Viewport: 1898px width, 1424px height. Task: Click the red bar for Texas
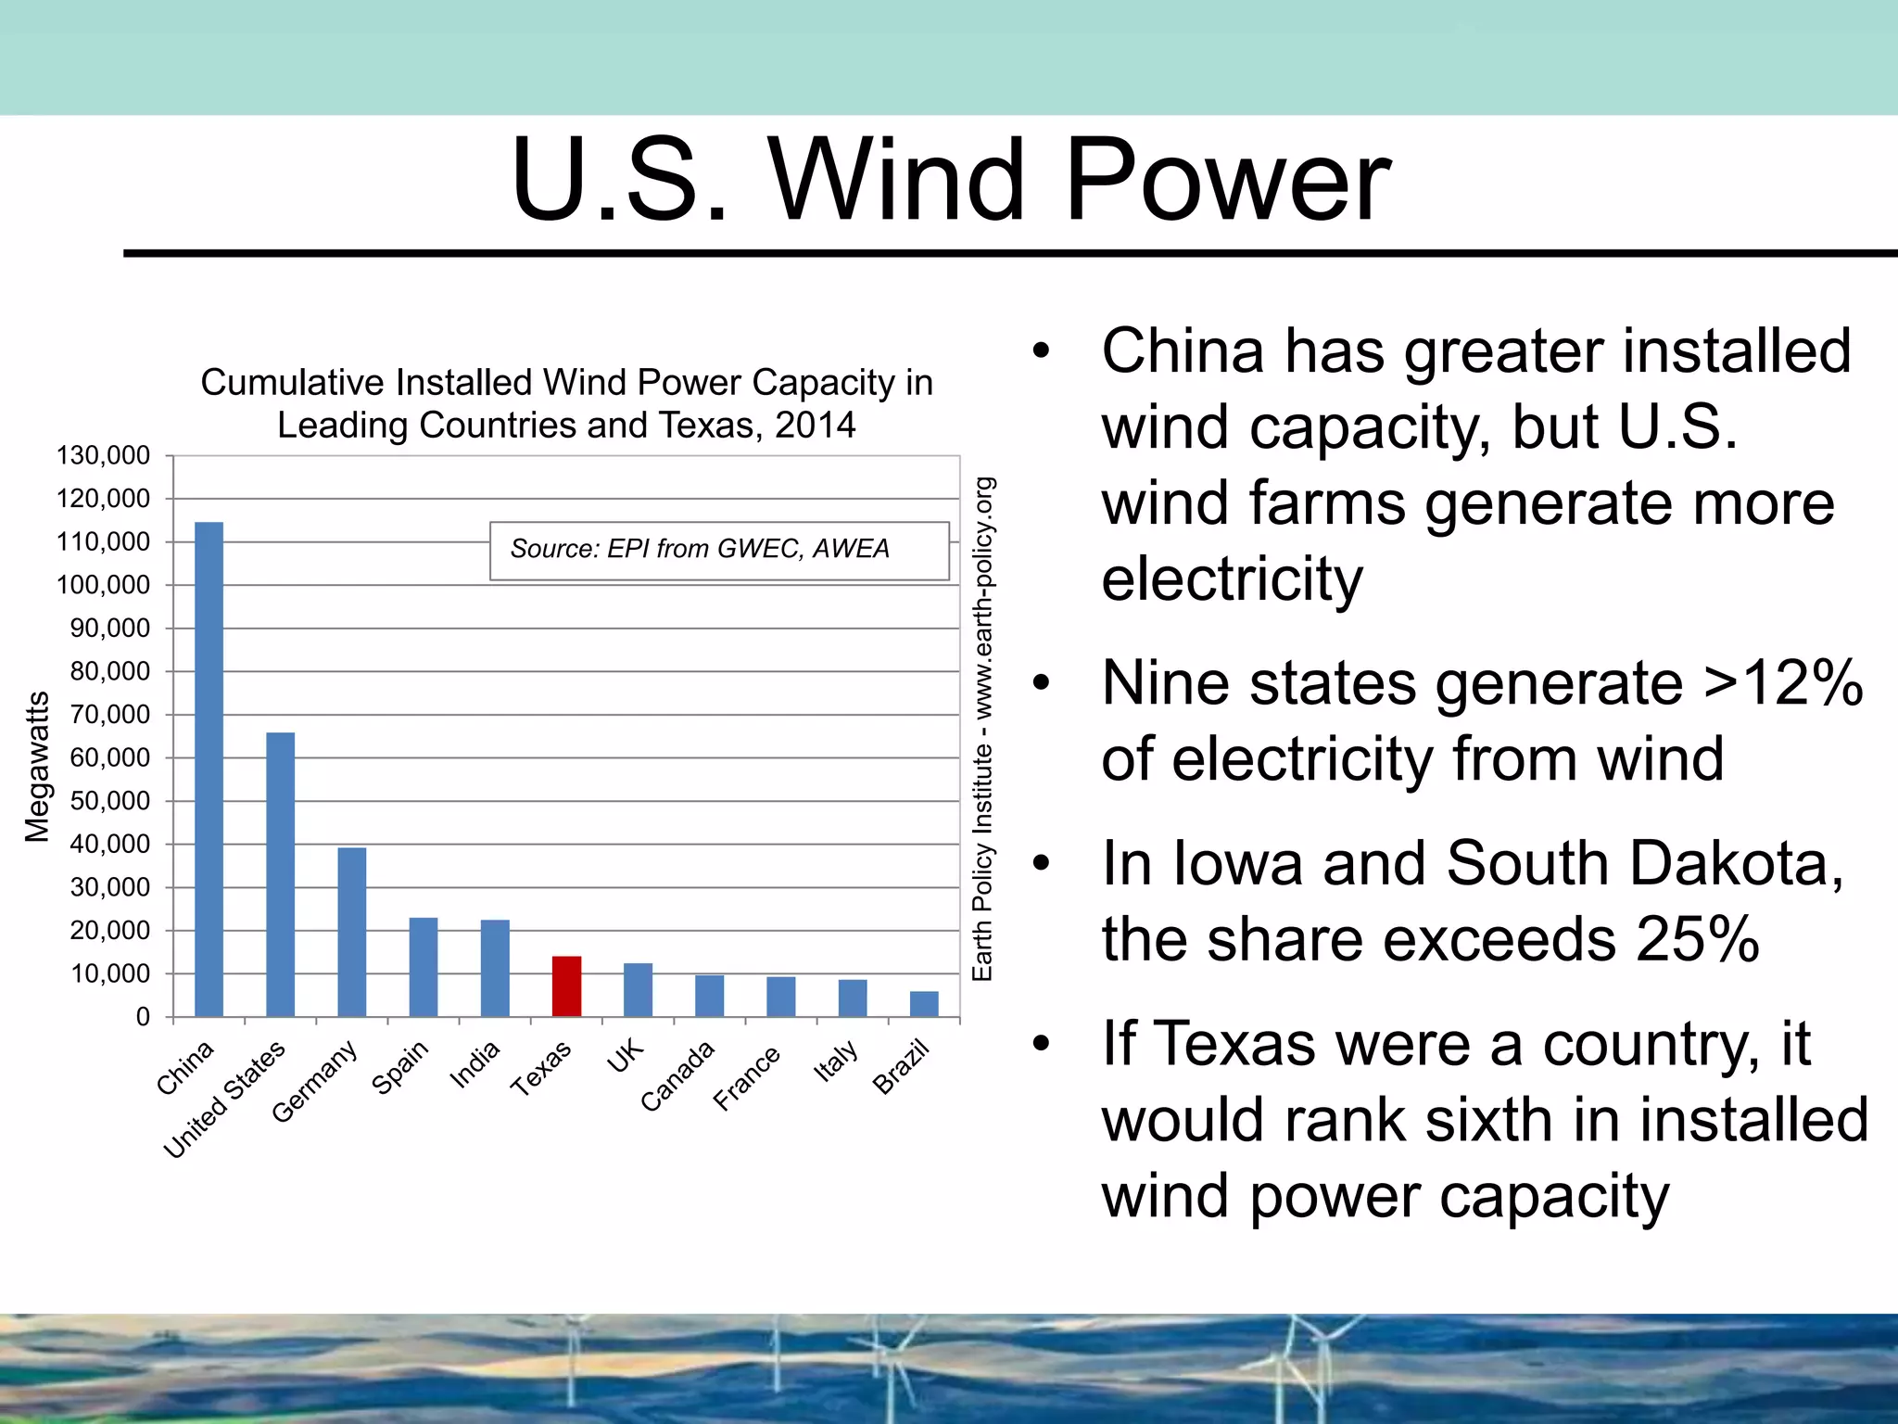pyautogui.click(x=566, y=986)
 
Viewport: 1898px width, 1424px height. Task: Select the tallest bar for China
pyautogui.click(x=209, y=769)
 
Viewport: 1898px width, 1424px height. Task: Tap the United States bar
pyautogui.click(x=280, y=874)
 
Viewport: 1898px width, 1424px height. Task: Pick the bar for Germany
pyautogui.click(x=351, y=932)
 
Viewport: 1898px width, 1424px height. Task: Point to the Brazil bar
pyautogui.click(x=924, y=1004)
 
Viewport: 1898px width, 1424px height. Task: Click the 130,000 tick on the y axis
pyautogui.click(x=103, y=455)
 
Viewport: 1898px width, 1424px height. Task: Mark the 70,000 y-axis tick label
pyautogui.click(x=109, y=715)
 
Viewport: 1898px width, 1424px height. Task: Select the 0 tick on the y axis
pyautogui.click(x=143, y=1017)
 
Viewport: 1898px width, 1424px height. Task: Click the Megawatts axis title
pyautogui.click(x=37, y=767)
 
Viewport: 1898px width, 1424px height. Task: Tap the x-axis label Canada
pyautogui.click(x=678, y=1075)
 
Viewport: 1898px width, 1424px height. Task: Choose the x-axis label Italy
pyautogui.click(x=836, y=1062)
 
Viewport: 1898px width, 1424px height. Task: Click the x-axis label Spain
pyautogui.click(x=400, y=1067)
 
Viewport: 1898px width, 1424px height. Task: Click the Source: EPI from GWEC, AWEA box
pyautogui.click(x=718, y=550)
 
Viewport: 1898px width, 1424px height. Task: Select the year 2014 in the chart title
pyautogui.click(x=815, y=426)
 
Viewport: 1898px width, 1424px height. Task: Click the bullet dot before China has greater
pyautogui.click(x=1042, y=351)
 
